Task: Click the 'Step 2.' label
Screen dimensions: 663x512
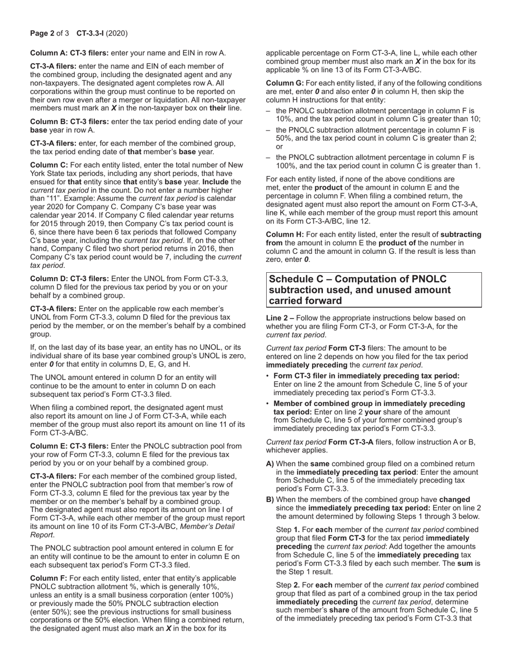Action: pyautogui.click(x=287, y=585)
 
